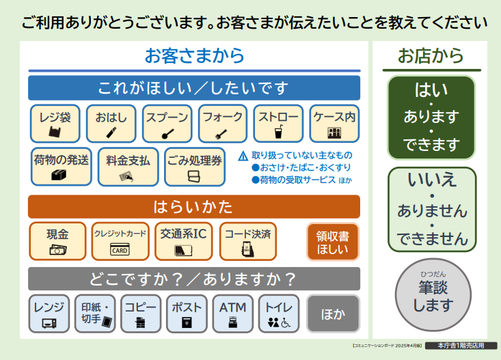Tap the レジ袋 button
[x=55, y=124]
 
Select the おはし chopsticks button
[x=111, y=124]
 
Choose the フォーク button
[x=223, y=124]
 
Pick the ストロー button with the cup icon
[x=278, y=124]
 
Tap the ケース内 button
[x=334, y=124]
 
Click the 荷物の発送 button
[x=61, y=167]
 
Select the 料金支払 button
[x=128, y=167]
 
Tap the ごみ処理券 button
[x=195, y=167]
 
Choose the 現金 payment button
[x=57, y=241]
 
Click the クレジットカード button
[x=120, y=241]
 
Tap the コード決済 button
[x=247, y=241]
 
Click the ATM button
[x=232, y=314]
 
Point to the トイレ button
[x=278, y=314]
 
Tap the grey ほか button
[x=333, y=314]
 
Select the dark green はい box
[x=431, y=117]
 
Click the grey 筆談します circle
[x=431, y=294]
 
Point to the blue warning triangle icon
[x=243, y=156]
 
